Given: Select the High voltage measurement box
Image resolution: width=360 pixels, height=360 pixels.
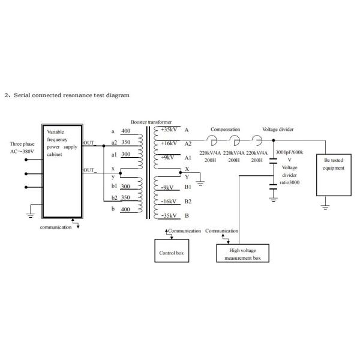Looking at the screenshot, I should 242,253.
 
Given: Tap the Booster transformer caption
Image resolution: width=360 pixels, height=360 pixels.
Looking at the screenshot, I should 151,121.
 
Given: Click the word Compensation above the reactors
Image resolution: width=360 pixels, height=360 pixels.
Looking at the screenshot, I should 225,129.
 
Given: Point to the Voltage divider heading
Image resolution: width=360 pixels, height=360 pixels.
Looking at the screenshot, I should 278,129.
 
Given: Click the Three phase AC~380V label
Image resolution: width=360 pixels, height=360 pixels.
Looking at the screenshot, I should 22,148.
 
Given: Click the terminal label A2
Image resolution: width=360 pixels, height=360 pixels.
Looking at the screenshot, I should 188,144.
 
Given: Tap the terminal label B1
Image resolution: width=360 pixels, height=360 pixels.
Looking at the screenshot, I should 188,187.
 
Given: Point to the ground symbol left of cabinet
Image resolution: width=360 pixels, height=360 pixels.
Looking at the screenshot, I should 29,211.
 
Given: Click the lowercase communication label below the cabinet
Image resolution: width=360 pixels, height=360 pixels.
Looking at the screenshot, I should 55,227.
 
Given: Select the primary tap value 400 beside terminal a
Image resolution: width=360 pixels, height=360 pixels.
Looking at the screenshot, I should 125,130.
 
